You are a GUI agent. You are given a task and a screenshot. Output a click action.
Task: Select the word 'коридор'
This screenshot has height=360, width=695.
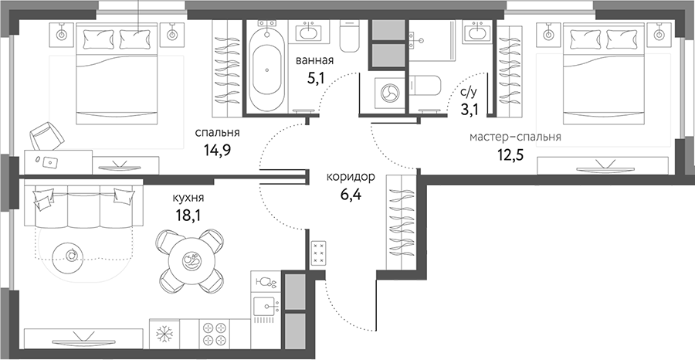(x=351, y=177)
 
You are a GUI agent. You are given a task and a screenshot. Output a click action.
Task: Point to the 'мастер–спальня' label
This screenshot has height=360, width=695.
(x=515, y=138)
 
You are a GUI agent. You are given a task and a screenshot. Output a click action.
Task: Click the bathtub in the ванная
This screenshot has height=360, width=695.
(x=267, y=70)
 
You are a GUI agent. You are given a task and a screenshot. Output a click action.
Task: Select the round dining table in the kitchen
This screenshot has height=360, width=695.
(x=190, y=259)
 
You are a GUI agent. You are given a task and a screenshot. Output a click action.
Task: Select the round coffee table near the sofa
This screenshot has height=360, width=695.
(x=72, y=254)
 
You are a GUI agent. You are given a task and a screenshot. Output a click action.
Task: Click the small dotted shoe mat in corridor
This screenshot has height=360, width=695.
(x=319, y=253)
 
